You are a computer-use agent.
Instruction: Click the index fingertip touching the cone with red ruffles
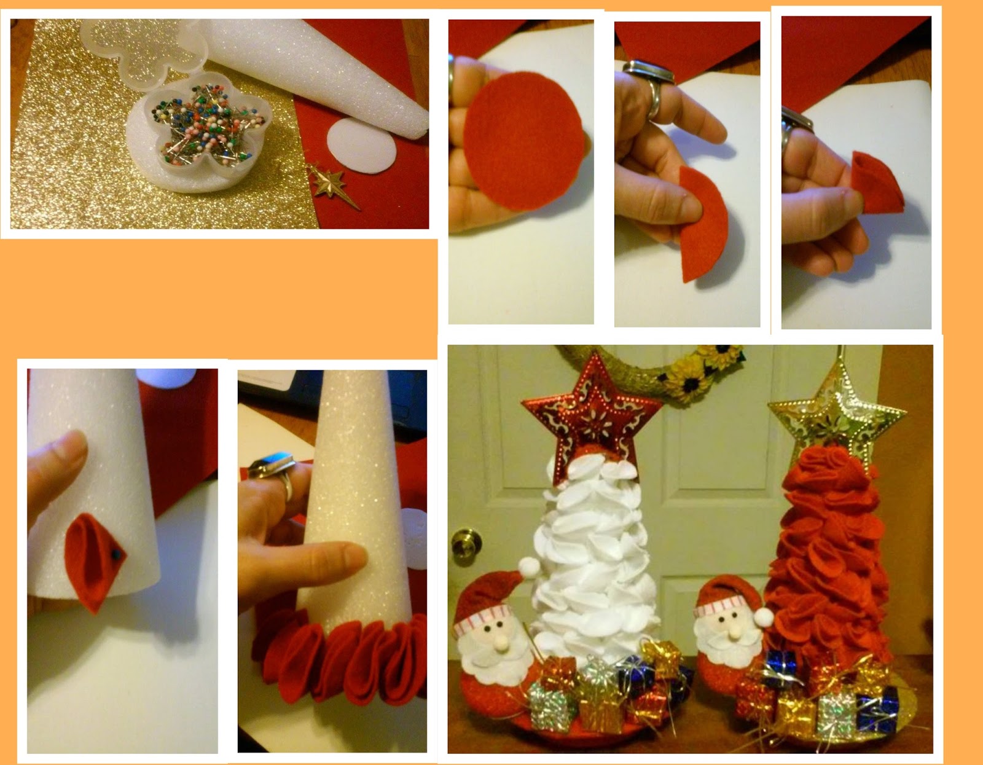click(x=361, y=556)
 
